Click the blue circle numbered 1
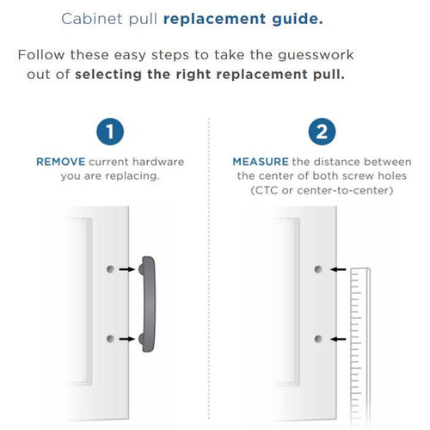point(110,132)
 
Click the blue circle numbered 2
point(322,132)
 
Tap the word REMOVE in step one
point(61,162)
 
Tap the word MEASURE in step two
point(261,162)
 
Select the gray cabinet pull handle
point(149,304)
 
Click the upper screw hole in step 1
point(110,269)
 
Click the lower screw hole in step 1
point(110,339)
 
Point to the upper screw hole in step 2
point(318,269)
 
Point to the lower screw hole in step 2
point(318,339)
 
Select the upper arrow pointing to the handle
point(127,269)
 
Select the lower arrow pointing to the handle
point(127,339)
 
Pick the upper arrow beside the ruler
point(338,269)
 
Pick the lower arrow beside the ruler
point(338,339)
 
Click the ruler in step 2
point(360,347)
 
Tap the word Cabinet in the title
point(92,19)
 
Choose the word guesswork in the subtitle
point(316,55)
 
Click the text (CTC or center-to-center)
point(322,190)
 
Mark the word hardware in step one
point(158,162)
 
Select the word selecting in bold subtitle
point(108,75)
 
